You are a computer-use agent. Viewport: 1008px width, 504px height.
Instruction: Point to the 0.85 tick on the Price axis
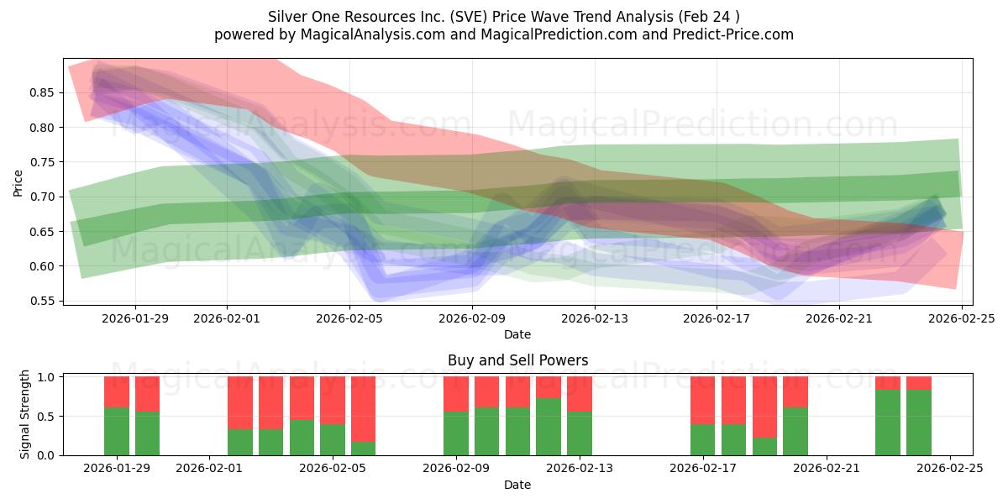pyautogui.click(x=48, y=92)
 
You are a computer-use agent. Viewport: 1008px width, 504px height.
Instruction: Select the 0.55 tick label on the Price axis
pyautogui.click(x=48, y=301)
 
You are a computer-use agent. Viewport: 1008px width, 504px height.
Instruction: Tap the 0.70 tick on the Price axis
pyautogui.click(x=48, y=197)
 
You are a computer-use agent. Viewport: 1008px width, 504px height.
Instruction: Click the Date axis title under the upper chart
pyautogui.click(x=517, y=334)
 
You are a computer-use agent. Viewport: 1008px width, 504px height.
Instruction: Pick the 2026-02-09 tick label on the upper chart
pyautogui.click(x=472, y=318)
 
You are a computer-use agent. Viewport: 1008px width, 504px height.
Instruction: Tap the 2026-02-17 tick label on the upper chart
pyautogui.click(x=717, y=318)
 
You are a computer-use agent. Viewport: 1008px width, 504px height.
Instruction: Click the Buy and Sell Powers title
pyautogui.click(x=517, y=360)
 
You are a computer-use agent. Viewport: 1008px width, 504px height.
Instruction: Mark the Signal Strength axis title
pyautogui.click(x=25, y=414)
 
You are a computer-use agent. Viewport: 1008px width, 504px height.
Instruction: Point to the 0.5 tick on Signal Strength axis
pyautogui.click(x=49, y=416)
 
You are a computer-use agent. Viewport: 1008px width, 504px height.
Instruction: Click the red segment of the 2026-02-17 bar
pyautogui.click(x=703, y=400)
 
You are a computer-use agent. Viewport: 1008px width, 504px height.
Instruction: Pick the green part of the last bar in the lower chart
pyautogui.click(x=919, y=423)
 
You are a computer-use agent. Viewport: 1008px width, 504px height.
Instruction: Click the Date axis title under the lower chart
pyautogui.click(x=517, y=485)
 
